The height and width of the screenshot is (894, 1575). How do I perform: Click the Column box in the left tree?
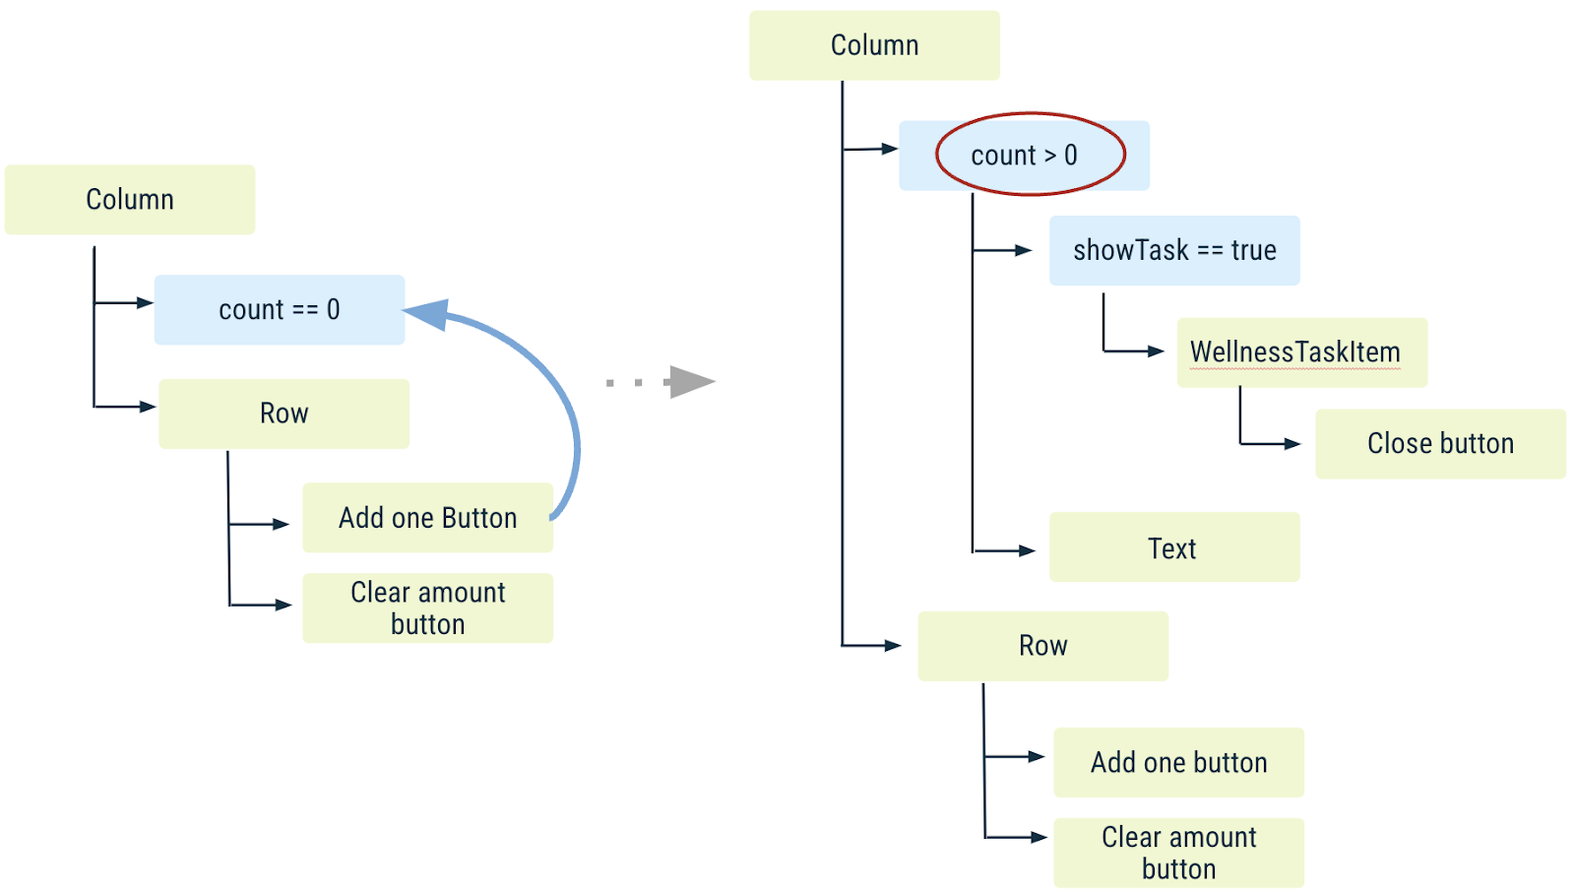pos(130,200)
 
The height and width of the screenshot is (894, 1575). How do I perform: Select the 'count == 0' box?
pos(280,310)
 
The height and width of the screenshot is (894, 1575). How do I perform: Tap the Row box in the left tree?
pos(283,414)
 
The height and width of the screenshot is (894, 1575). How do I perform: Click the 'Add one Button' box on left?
pos(427,518)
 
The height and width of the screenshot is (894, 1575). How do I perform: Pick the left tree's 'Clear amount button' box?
pos(427,608)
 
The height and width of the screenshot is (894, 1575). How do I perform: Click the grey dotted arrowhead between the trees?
pos(692,382)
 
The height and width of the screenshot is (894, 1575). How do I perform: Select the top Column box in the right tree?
pos(874,45)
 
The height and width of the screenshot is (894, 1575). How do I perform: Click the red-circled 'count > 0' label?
pos(1024,156)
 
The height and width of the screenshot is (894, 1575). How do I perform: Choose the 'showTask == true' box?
pos(1174,251)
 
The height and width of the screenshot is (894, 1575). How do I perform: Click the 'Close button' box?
pos(1440,444)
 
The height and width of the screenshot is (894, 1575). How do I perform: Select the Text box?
pos(1174,547)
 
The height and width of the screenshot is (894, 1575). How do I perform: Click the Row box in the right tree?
pos(1042,646)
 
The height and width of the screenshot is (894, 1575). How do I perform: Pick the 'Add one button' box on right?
pos(1178,763)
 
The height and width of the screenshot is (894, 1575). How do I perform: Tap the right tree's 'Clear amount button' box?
pos(1178,853)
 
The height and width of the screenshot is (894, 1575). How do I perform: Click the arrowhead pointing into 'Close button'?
pos(1292,444)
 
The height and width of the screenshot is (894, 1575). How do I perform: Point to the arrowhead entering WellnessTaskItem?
pos(1156,351)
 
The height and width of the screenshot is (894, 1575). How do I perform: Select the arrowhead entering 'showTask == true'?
pos(1024,251)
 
